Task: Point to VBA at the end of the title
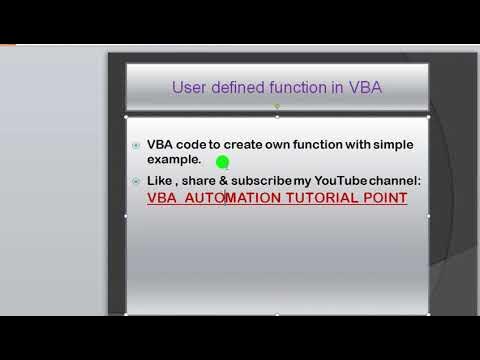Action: pyautogui.click(x=365, y=88)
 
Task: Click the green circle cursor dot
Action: pyautogui.click(x=222, y=162)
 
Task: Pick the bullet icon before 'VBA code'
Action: pyautogui.click(x=136, y=145)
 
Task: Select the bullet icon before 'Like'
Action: pyautogui.click(x=136, y=181)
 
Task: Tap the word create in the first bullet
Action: pyautogui.click(x=246, y=145)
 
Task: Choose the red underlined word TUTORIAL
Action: pyautogui.click(x=326, y=198)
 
